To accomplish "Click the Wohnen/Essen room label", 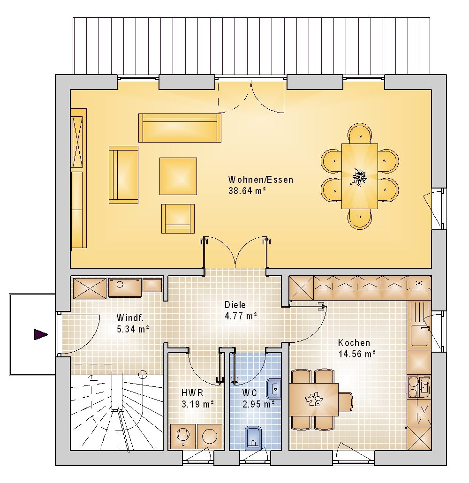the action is (260, 180).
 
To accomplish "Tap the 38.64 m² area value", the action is (247, 191).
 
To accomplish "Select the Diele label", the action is (235, 305).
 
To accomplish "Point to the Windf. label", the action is (130, 317).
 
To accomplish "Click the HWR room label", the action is (192, 393).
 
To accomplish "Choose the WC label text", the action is (250, 393).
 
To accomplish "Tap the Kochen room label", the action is (354, 343).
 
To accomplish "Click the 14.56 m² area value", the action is (357, 354).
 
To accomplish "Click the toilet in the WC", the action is (254, 437).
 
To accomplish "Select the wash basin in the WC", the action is (274, 389).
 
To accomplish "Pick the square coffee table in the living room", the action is (178, 176).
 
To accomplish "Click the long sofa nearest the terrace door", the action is (180, 128).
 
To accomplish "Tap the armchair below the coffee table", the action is (178, 219).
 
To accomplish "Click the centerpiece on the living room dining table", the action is (359, 177).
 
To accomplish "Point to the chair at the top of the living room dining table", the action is (360, 134).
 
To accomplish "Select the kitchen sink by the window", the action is (419, 335).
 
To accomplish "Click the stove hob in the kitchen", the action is (418, 386).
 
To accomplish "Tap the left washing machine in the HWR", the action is (183, 436).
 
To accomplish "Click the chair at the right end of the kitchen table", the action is (346, 402).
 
